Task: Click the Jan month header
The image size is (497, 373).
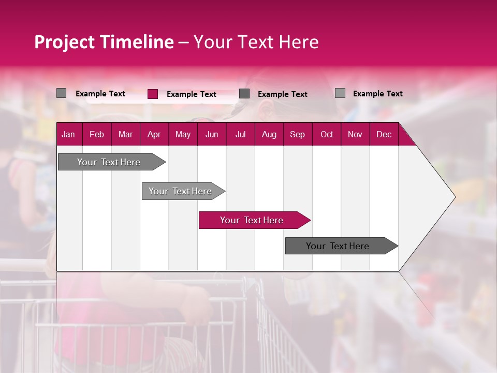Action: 68,135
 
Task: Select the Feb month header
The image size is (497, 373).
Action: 97,135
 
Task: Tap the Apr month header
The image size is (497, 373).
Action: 154,135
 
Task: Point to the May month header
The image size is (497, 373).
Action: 183,135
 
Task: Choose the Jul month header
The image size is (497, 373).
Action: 240,135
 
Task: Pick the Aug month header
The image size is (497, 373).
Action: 269,135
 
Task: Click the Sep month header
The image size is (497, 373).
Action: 297,135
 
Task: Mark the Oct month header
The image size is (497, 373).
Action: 327,135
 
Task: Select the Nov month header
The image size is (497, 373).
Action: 355,135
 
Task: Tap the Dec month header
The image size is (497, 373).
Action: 384,135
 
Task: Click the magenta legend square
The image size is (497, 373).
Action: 153,94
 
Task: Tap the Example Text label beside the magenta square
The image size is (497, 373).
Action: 191,94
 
